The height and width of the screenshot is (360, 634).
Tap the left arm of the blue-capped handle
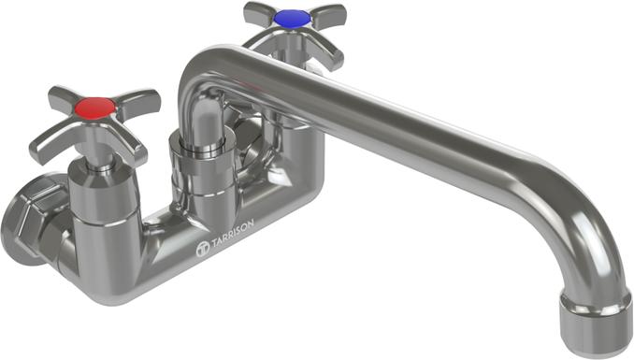(x=260, y=13)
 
